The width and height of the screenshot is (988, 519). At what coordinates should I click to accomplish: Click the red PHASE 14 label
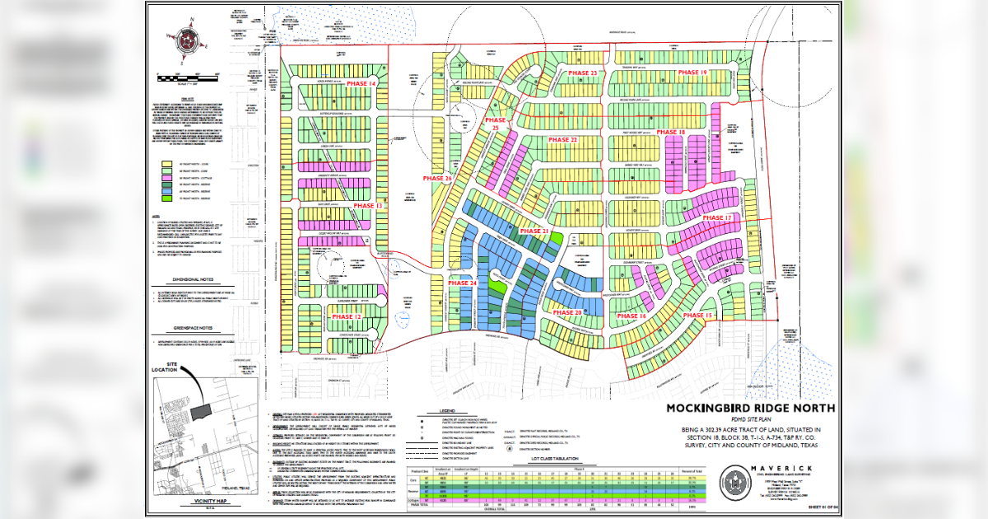click(360, 85)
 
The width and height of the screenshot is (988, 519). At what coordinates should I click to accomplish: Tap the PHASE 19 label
click(692, 73)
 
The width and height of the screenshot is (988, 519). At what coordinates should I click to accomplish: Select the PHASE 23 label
click(582, 73)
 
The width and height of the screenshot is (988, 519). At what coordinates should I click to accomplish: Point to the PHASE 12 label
click(346, 316)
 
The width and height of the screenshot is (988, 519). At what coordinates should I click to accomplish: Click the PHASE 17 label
click(716, 217)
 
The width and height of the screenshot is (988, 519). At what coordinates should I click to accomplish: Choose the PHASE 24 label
click(463, 283)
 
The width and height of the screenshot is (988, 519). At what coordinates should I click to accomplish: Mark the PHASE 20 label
click(567, 313)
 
